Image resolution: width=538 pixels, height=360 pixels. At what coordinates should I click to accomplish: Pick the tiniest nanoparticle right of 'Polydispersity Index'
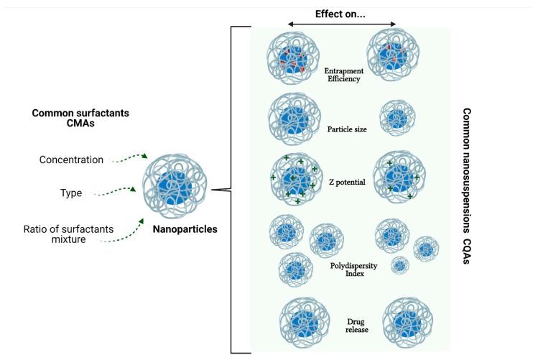(x=399, y=265)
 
